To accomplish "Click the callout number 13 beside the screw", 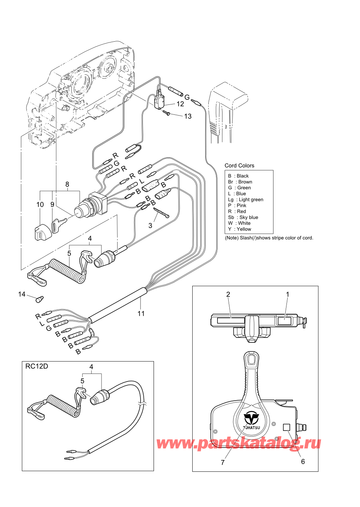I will [188, 116].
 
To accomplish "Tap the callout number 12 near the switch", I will [180, 104].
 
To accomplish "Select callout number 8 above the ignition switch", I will [67, 184].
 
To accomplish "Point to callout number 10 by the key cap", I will [40, 205].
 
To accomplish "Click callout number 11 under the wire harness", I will [141, 313].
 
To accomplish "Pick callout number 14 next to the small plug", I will [22, 294].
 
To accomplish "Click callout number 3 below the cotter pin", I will [150, 226].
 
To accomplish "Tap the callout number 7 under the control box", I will [223, 463].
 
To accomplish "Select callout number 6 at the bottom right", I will [303, 461].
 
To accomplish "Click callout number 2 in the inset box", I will [228, 295].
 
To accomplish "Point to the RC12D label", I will [37, 366].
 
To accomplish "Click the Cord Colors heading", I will [239, 166].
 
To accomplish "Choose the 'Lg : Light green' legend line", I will [245, 200].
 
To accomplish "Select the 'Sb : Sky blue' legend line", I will [243, 217].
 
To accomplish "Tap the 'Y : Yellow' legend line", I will [240, 229].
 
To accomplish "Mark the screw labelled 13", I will [167, 112].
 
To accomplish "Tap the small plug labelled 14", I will [39, 299].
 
